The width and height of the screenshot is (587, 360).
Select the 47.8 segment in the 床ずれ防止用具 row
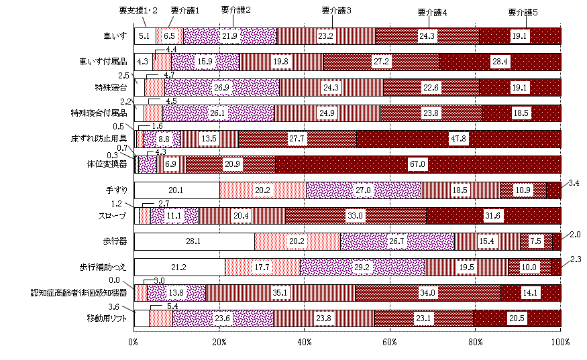pyautogui.click(x=458, y=139)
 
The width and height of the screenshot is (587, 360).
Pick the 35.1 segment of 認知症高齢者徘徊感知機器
pyautogui.click(x=280, y=293)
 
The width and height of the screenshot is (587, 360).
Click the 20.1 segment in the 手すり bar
pyautogui.click(x=177, y=190)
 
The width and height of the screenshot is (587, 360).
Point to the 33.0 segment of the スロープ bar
pyautogui.click(x=356, y=216)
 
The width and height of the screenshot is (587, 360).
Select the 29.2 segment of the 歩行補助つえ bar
pyautogui.click(x=362, y=267)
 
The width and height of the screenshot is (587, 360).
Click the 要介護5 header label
pyautogui.click(x=523, y=11)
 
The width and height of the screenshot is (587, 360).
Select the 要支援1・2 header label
pyautogui.click(x=138, y=11)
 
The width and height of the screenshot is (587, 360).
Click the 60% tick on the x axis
pyautogui.click(x=390, y=342)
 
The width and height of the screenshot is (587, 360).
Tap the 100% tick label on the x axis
pyautogui.click(x=559, y=342)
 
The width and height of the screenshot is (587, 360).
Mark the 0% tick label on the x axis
pyautogui.click(x=134, y=342)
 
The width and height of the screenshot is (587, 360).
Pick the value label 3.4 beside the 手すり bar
pyautogui.click(x=574, y=182)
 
